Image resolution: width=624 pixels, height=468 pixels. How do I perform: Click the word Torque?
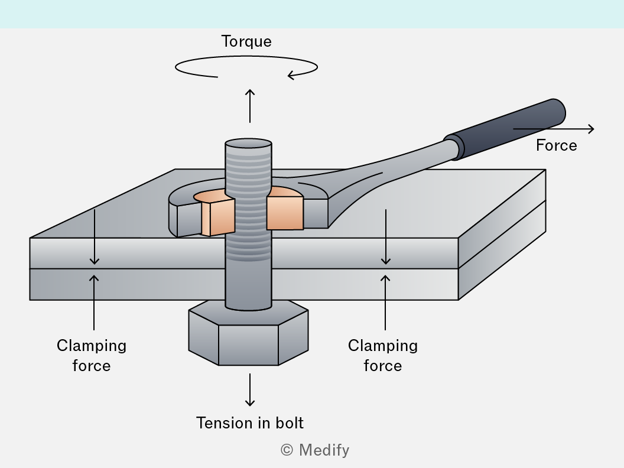[246, 42]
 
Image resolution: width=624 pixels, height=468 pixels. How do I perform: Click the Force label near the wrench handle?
[557, 145]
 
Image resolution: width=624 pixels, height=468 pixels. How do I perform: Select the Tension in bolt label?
[250, 422]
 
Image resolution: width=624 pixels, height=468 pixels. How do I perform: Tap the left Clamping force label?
[92, 355]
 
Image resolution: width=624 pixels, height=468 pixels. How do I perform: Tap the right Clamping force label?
[383, 355]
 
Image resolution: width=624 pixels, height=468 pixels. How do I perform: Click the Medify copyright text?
[315, 450]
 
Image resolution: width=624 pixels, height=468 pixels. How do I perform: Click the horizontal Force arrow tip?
[594, 129]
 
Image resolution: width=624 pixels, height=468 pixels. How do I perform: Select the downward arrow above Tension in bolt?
[250, 389]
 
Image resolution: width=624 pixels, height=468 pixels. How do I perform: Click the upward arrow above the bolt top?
[250, 106]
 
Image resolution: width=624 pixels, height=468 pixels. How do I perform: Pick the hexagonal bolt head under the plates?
[248, 334]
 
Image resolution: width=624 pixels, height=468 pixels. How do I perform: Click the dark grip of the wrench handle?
[505, 129]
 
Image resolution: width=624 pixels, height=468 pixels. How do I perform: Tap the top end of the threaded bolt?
[248, 143]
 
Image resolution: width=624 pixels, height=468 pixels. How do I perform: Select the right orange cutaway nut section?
[285, 209]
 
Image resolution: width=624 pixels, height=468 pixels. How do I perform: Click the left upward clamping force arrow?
[94, 303]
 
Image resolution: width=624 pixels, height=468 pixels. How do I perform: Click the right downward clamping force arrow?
[386, 237]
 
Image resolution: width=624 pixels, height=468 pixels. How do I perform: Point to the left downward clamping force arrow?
[95, 237]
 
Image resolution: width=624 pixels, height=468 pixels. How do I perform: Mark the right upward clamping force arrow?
[385, 303]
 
